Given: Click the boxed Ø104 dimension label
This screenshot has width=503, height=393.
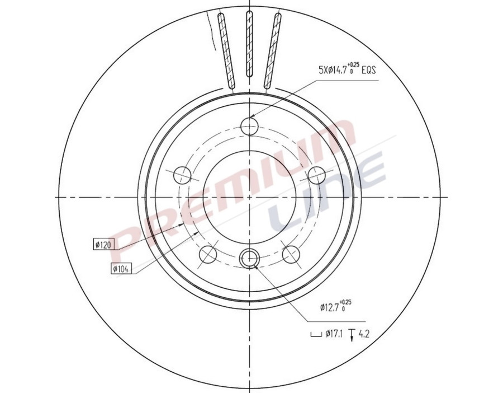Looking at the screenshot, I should pyautogui.click(x=121, y=268).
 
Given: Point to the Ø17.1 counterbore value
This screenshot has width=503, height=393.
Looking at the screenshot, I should pyautogui.click(x=335, y=335).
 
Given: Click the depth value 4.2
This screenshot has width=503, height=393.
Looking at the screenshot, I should pyautogui.click(x=364, y=335).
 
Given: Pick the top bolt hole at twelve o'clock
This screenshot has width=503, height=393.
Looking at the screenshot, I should pyautogui.click(x=250, y=127).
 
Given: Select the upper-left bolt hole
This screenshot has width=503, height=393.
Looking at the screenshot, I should pyautogui.click(x=182, y=175).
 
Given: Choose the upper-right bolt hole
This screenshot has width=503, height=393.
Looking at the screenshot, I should pyautogui.click(x=317, y=175).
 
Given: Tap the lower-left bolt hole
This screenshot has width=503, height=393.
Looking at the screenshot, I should pyautogui.click(x=208, y=255).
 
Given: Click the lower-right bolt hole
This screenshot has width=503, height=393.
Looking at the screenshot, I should pyautogui.click(x=291, y=255).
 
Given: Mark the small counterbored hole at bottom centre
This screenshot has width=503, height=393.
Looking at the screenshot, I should pyautogui.click(x=249, y=259).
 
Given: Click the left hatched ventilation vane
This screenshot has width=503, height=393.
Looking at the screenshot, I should pyautogui.click(x=225, y=50).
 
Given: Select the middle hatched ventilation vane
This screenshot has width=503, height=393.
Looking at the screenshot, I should pyautogui.click(x=249, y=48).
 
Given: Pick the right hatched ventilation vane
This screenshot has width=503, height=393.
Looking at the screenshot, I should pyautogui.click(x=273, y=50).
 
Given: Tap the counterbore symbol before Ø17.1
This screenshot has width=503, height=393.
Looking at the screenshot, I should pyautogui.click(x=315, y=336).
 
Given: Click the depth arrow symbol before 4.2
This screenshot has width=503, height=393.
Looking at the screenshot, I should pyautogui.click(x=352, y=335).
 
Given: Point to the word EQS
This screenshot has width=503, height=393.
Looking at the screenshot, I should pyautogui.click(x=369, y=70).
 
